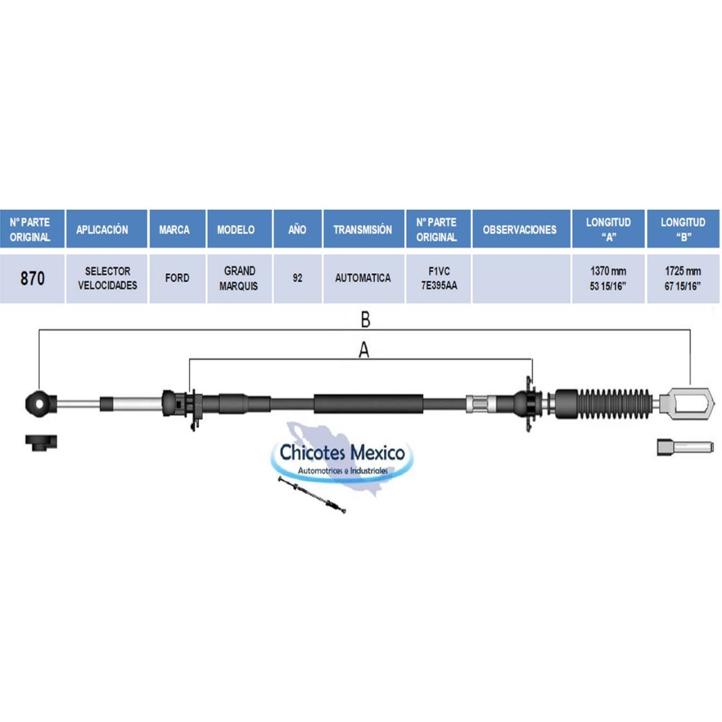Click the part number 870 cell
[32, 279]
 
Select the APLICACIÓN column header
[102, 229]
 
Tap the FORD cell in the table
[177, 279]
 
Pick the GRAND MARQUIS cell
[239, 279]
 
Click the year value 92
[297, 279]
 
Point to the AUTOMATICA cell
[363, 279]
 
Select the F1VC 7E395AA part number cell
[438, 279]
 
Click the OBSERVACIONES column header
[520, 229]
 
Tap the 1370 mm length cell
[608, 279]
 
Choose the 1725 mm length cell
[683, 279]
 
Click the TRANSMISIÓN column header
[363, 229]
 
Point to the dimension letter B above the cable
[365, 320]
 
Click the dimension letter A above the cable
[364, 351]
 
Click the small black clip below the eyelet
[41, 442]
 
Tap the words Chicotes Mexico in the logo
[342, 452]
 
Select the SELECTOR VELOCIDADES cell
[107, 279]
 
